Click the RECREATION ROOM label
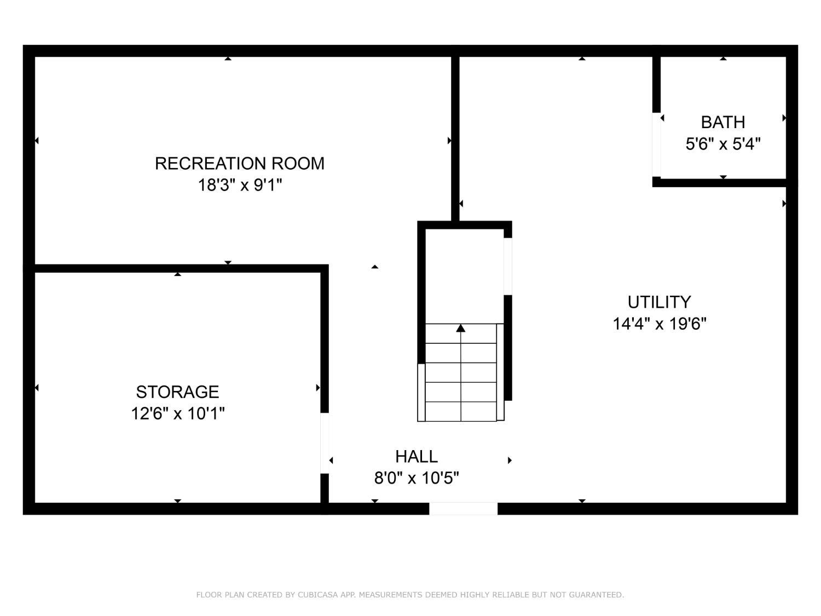point(239,163)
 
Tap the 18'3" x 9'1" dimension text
point(239,185)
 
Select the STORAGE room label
point(177,392)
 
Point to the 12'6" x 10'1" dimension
point(178,413)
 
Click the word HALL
point(417,456)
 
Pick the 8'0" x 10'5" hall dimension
point(417,477)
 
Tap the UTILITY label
point(659,302)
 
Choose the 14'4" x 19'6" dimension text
point(659,324)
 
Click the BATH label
point(722,122)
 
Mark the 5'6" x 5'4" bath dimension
point(722,143)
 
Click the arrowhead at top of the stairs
point(460,328)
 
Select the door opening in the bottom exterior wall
point(463,509)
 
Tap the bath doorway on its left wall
point(656,145)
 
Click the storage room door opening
point(324,443)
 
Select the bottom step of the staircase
point(460,411)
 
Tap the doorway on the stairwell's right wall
point(507,266)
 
